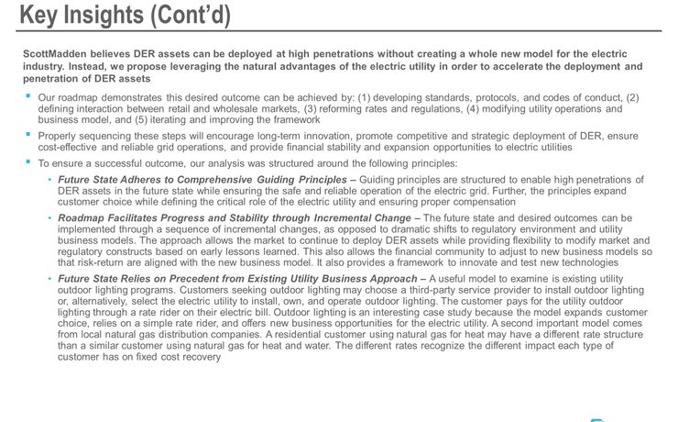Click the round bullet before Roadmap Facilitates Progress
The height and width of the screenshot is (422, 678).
(x=49, y=218)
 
